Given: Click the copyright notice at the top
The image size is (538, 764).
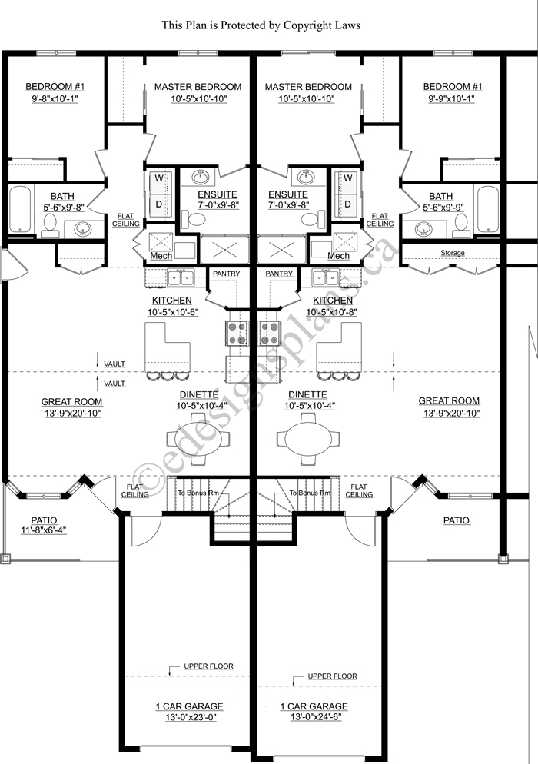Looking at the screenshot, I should pos(261,25).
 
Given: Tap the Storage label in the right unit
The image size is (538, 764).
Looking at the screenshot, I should pos(453,253).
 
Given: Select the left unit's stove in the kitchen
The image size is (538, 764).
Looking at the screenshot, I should pos(235,334).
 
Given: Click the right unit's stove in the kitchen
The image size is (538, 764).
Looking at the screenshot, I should pos(269,334).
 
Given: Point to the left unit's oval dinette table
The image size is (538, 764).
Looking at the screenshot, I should pos(198,440).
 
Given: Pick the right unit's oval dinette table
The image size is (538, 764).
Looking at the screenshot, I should pos(309,440).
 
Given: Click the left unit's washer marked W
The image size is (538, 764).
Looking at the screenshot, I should pos(159,178).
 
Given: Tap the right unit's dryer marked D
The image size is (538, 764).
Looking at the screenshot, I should pos(347,204).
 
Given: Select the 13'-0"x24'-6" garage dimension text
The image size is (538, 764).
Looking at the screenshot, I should pos(313,717).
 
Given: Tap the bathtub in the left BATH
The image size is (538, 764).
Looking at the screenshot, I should pos(21,210).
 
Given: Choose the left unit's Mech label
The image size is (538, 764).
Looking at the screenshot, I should pos(161,256).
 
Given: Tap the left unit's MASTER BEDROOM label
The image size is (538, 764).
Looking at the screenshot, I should pos(198,87).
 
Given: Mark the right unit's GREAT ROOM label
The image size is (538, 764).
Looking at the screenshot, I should pos(449,400).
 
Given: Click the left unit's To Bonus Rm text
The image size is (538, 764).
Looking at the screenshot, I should pos(198,493).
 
